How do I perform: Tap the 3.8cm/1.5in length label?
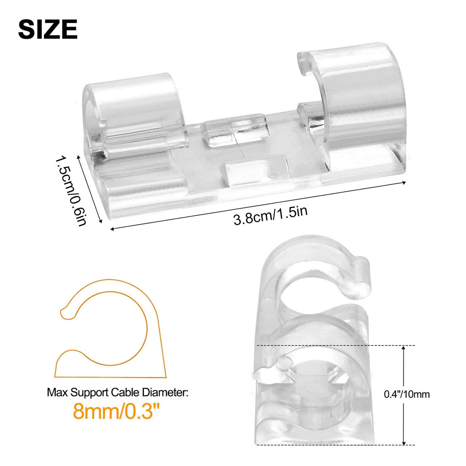(x=270, y=215)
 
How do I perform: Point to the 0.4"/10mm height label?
(x=407, y=394)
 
